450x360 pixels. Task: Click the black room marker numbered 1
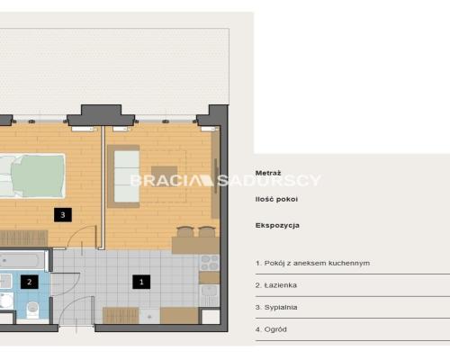pos(141,282)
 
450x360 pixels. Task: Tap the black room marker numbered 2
pos(30,282)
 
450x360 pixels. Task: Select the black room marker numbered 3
pos(63,215)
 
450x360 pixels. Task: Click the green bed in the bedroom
pos(32,176)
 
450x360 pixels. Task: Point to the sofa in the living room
pos(123,176)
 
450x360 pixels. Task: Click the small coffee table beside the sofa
pos(164,175)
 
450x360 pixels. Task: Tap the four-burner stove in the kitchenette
pos(210,263)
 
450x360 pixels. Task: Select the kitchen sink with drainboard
pos(210,295)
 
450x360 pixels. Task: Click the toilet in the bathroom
pos(32,309)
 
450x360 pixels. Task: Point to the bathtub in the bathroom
pos(22,261)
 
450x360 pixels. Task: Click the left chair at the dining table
pos(185,231)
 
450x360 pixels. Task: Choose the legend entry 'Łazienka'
pos(276,285)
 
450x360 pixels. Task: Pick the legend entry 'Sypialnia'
pos(276,307)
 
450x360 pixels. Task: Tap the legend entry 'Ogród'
pos(271,329)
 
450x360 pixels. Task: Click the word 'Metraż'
pos(268,173)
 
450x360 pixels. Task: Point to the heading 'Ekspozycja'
pos(277,226)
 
